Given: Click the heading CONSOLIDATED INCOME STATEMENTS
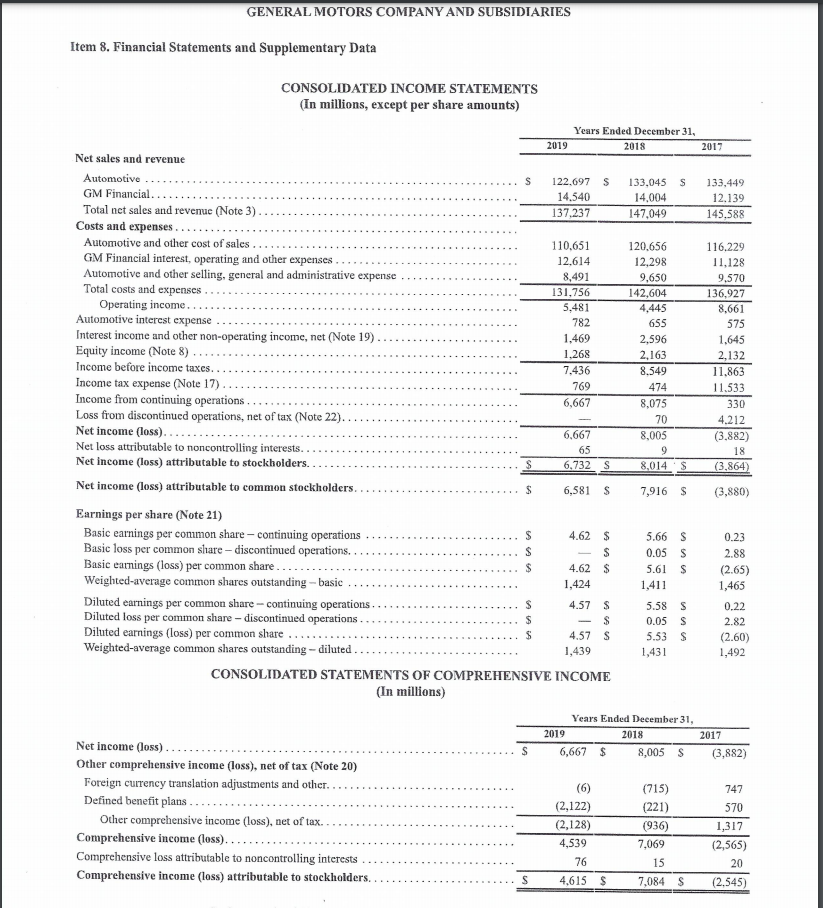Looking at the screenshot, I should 409,89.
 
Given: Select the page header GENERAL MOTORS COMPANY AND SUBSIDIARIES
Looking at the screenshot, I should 411,12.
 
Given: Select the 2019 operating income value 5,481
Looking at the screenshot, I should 573,307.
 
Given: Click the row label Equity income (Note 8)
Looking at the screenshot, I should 131,352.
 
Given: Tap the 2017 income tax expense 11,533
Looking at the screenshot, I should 726,386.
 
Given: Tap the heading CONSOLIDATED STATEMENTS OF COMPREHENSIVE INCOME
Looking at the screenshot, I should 411,676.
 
